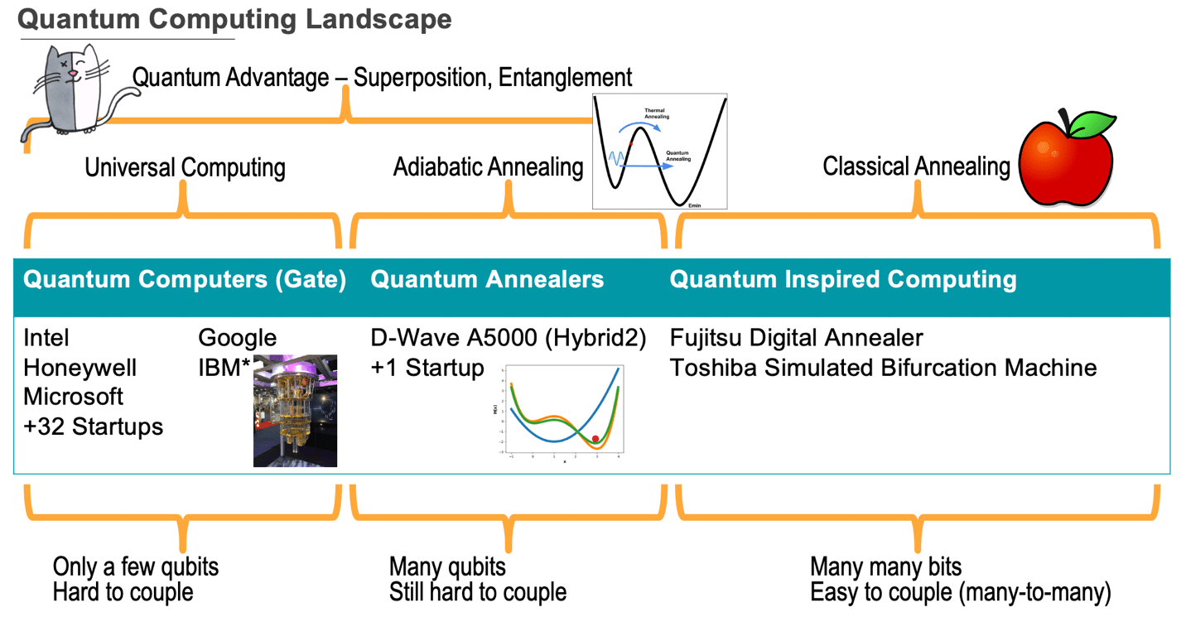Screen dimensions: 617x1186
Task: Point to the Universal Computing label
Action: coord(185,167)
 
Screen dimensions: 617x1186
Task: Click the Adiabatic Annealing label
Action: coord(488,166)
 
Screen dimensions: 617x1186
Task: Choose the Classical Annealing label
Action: coord(916,166)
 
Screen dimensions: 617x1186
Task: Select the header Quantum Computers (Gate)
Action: coord(185,279)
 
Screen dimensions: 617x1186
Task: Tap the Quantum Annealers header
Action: coord(487,279)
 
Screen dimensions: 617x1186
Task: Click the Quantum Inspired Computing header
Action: coord(842,279)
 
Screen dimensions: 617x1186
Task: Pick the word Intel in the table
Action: coord(46,338)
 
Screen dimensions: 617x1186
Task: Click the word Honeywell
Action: coord(80,368)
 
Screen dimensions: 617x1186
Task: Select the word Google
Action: coord(237,338)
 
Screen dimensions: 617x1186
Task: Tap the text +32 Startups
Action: coord(93,427)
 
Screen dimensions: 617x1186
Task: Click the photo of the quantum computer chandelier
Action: coord(295,412)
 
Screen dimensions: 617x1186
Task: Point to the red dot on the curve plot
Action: coord(595,439)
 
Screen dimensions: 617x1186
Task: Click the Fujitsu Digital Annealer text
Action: coord(796,338)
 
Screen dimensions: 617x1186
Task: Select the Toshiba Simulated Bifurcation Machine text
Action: coord(883,368)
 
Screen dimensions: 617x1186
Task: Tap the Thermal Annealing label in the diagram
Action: coord(657,113)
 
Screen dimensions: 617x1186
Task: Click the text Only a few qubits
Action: coord(136,567)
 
